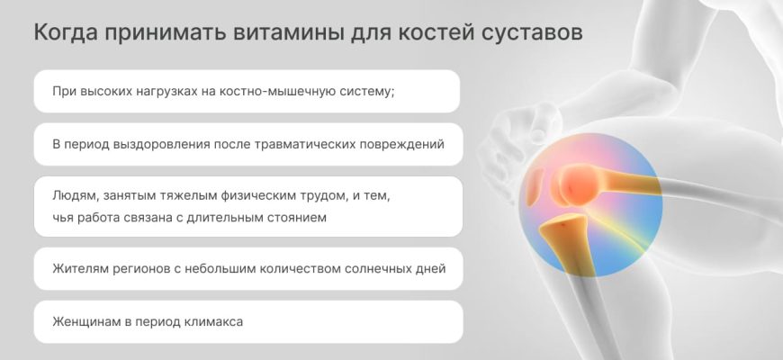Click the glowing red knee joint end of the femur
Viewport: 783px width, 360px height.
click(579, 185)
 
